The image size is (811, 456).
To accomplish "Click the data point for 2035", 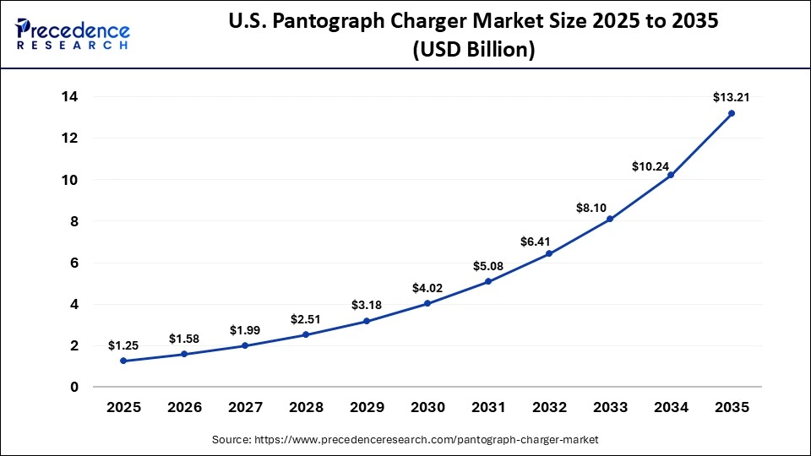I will pos(731,113).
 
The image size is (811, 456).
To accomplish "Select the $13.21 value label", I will pos(729,97).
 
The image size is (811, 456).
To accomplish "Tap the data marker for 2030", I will pos(427,303).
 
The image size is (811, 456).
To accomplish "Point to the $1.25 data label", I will pos(123,345).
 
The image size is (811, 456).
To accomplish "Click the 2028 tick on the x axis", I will pos(306,408).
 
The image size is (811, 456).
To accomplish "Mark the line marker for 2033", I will pos(609,219).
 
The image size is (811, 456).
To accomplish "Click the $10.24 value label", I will pos(650,166).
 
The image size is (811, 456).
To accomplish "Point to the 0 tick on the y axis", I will pos(74,387).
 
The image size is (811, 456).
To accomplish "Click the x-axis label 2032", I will pos(549,408).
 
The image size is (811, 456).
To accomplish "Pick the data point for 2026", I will pos(184,354).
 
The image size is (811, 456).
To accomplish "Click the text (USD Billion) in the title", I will pos(473,50).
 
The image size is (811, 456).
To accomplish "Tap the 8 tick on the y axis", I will pos(74,221).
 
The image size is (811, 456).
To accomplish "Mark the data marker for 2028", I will pos(306,334).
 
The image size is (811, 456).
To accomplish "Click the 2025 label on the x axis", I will pos(123,408).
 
